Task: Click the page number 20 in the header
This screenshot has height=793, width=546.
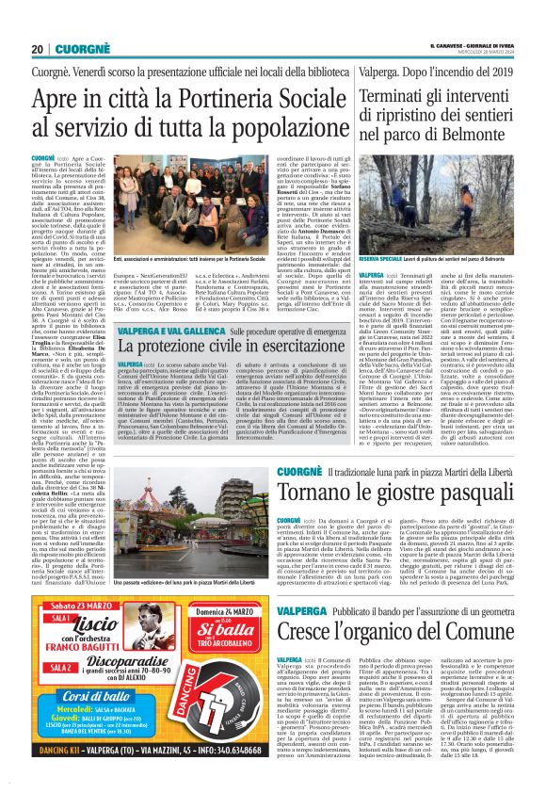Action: [37, 49]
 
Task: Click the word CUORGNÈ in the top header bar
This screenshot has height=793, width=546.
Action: [71, 49]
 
